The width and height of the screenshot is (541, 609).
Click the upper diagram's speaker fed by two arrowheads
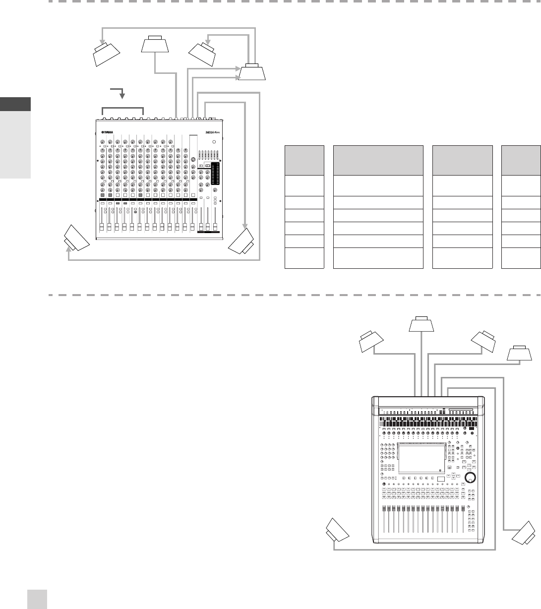252,72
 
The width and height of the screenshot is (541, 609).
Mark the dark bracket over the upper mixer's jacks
122,111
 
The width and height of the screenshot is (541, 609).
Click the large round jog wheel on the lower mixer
469,478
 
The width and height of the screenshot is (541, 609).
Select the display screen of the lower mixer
419,458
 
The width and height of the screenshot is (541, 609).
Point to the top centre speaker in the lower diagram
421,324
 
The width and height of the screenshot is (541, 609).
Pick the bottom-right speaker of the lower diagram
524,534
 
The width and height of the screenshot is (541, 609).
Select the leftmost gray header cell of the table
304,160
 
